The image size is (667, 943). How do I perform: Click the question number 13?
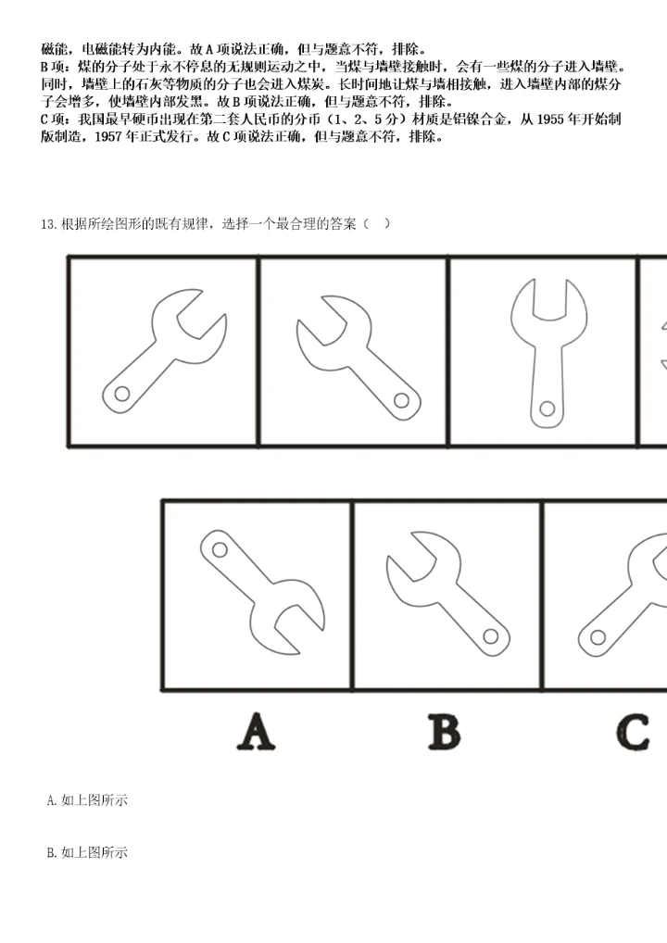click(x=49, y=224)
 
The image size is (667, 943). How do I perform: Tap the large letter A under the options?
click(x=257, y=731)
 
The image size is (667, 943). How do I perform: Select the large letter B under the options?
click(x=445, y=731)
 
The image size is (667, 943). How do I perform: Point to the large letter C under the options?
click(x=634, y=731)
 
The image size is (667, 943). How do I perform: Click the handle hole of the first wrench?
click(x=122, y=394)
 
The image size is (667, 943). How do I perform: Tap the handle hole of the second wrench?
click(x=401, y=400)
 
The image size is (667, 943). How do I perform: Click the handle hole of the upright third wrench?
click(x=547, y=409)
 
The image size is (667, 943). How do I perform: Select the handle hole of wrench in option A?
click(x=220, y=549)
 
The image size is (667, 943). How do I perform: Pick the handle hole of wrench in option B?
click(x=491, y=635)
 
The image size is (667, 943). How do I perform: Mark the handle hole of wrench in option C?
click(x=598, y=637)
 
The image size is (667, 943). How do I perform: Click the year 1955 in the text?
click(x=549, y=119)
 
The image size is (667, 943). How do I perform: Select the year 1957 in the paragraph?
click(x=109, y=137)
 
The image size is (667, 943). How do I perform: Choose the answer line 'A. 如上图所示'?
click(x=87, y=800)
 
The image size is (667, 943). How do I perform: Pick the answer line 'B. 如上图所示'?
click(x=87, y=853)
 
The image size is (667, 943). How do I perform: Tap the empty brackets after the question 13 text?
click(x=378, y=224)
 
